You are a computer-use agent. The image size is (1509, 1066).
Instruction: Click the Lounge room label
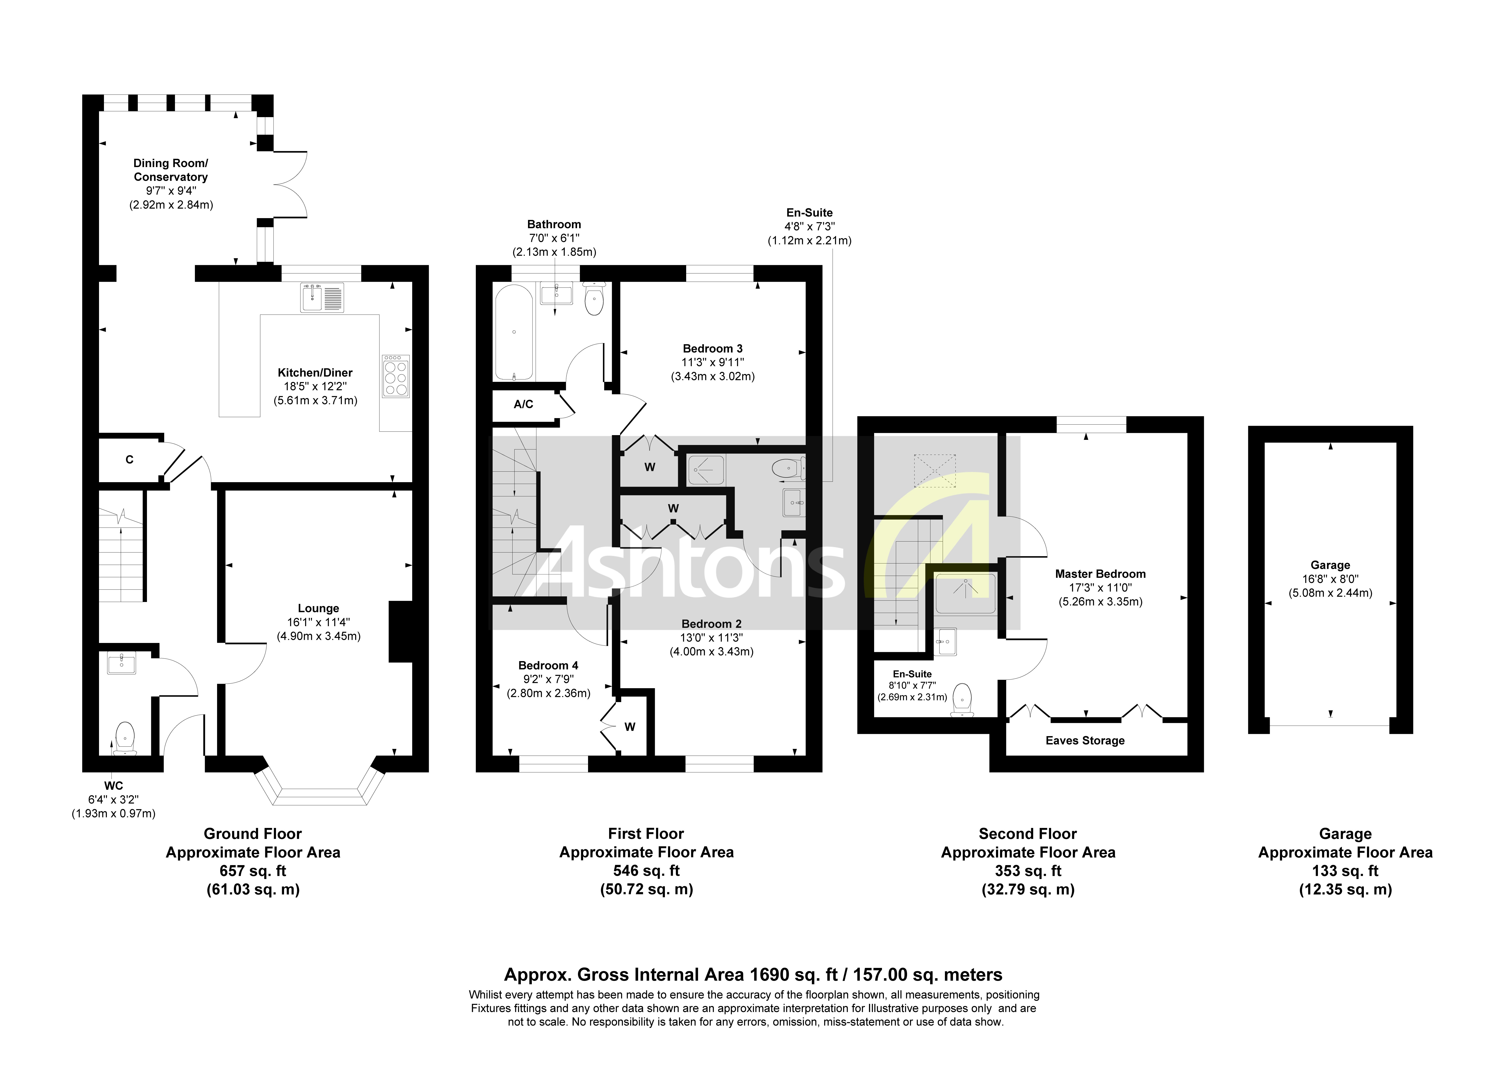(318, 608)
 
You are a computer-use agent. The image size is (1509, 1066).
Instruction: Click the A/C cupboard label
(523, 404)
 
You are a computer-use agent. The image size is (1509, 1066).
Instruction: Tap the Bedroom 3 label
(712, 348)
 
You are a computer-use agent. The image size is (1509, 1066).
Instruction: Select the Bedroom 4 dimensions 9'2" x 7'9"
(548, 679)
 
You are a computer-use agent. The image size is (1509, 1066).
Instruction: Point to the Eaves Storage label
(1085, 741)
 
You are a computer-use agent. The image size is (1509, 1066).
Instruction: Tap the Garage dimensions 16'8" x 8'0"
(1330, 579)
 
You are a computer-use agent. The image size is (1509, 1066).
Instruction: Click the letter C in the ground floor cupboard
(129, 459)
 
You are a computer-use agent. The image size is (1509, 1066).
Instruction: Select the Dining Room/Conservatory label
(171, 170)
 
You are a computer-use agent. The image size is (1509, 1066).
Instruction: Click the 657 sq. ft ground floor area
(253, 871)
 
